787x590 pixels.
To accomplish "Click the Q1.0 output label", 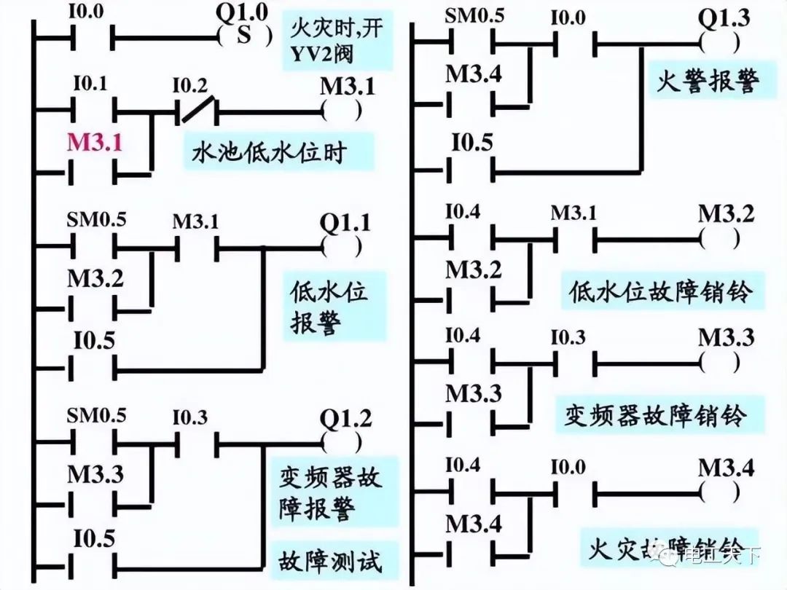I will (x=243, y=12).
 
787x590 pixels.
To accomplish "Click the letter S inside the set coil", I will (x=243, y=35).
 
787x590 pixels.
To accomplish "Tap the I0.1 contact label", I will (x=90, y=84).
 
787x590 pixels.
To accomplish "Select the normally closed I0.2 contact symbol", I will (x=197, y=111).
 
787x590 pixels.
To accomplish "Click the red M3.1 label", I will (x=95, y=143).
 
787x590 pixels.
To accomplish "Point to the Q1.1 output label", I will (x=345, y=222).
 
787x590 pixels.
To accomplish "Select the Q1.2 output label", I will (x=345, y=418).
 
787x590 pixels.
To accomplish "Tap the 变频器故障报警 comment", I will (x=330, y=493).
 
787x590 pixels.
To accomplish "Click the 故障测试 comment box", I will (x=330, y=561).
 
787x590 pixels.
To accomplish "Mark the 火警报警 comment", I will (x=707, y=80).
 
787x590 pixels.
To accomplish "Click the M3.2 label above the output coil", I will (x=726, y=213).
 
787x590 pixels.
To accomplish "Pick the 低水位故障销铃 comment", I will (x=659, y=293).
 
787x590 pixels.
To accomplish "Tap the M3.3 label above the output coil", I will (x=726, y=338).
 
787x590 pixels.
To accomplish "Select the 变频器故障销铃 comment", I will (x=656, y=415).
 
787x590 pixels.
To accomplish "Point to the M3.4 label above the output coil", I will (x=726, y=468).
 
